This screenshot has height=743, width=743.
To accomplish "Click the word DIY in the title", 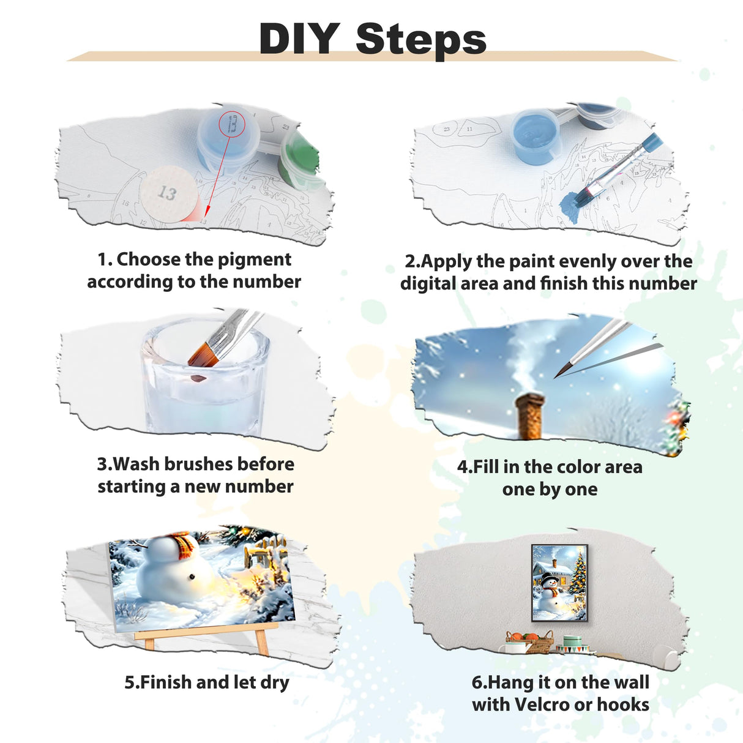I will (x=299, y=39).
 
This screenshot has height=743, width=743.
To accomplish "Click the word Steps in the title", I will (x=421, y=39).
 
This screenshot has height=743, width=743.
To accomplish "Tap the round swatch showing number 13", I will (x=167, y=193).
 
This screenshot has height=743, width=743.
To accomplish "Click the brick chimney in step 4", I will (x=529, y=416).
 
